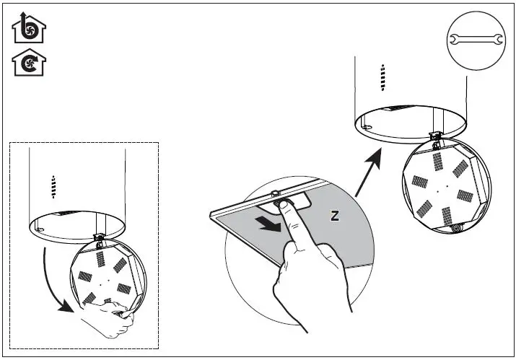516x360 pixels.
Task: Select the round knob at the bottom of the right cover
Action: pos(455,228)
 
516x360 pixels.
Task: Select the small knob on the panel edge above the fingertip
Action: pos(275,193)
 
